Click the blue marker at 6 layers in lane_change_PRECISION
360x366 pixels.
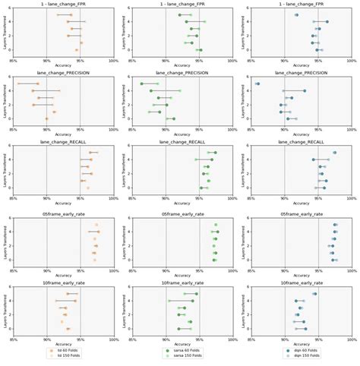[x=257, y=84]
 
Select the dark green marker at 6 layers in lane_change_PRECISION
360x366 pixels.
[x=141, y=84]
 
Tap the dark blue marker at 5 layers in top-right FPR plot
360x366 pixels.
[x=327, y=22]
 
